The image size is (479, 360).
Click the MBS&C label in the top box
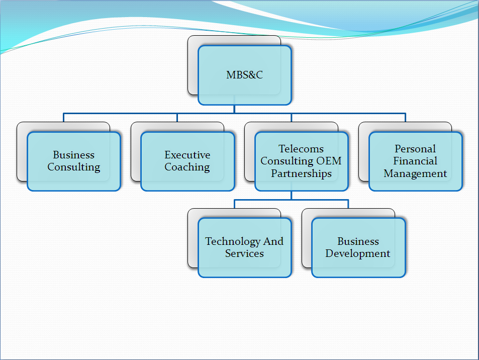[244, 75]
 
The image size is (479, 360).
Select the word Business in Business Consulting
[74, 155]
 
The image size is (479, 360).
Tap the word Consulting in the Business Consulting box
[74, 167]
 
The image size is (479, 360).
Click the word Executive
[187, 155]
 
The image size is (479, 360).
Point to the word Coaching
[187, 167]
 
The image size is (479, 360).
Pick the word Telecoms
[301, 149]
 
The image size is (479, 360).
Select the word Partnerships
[301, 173]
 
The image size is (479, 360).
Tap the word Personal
[415, 149]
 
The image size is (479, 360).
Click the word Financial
[415, 161]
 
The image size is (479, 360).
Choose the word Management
[415, 173]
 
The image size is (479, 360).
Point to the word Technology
[233, 241]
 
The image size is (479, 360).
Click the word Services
[244, 253]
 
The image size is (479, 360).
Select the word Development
[358, 253]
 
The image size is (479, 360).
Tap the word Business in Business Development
[358, 241]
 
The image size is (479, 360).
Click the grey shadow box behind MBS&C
[193, 65]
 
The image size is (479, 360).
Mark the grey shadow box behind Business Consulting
[22, 151]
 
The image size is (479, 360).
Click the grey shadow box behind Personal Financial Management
[363, 151]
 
